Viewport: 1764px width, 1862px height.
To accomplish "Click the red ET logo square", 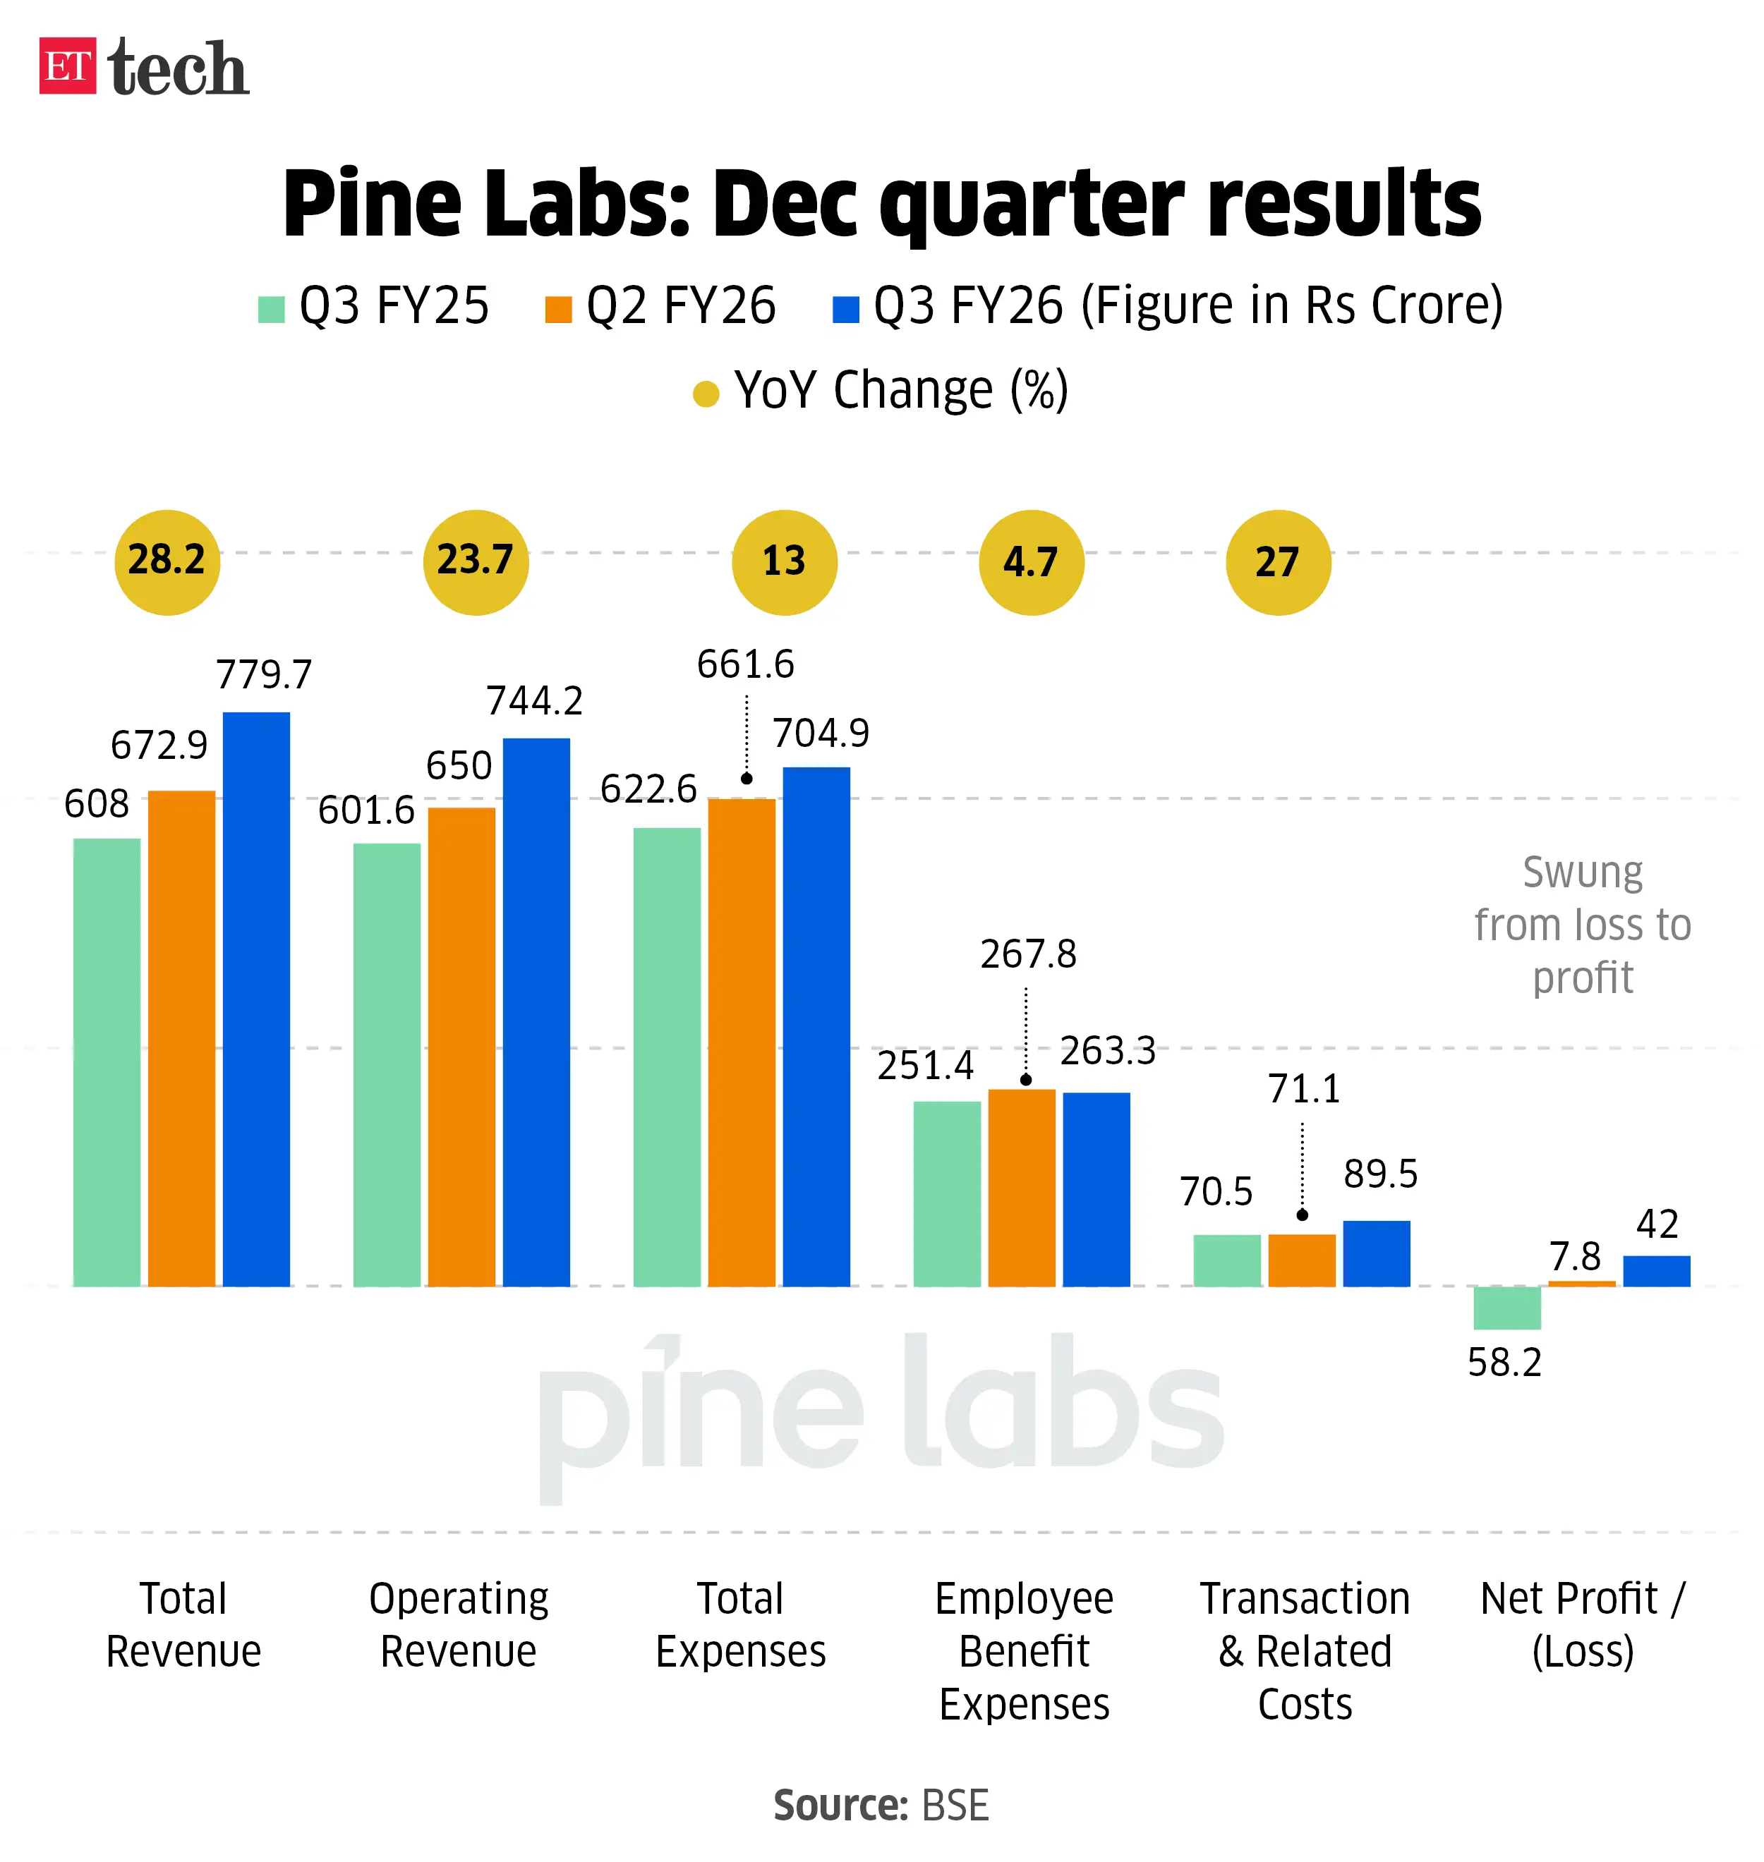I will pos(67,66).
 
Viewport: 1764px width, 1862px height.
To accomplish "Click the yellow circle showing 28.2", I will pos(167,562).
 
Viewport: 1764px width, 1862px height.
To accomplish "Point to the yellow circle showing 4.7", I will pos(1031,562).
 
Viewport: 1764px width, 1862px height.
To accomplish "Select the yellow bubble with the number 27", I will pos(1277,562).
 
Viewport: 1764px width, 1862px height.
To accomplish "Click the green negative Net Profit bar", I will pos(1506,1306).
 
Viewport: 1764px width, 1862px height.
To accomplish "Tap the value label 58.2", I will pos(1504,1362).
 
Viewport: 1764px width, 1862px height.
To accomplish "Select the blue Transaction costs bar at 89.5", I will pos(1376,1252).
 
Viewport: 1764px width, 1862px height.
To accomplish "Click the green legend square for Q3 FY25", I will pos(271,309).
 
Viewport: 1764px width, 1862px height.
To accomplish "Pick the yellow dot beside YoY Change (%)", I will pos(705,393).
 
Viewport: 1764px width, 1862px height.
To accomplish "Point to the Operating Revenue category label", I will pos(458,1624).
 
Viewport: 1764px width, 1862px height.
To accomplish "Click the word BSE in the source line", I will pos(955,1805).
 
